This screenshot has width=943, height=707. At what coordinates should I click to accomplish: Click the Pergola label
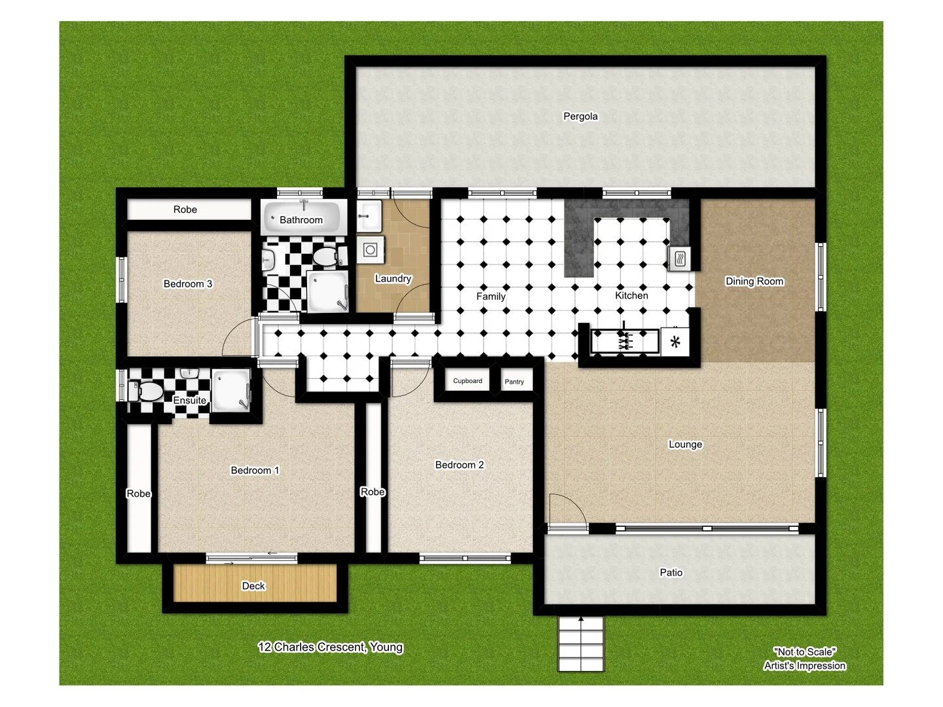point(580,117)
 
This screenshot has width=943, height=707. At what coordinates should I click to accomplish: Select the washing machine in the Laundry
point(371,250)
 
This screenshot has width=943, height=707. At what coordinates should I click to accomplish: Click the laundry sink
point(369,215)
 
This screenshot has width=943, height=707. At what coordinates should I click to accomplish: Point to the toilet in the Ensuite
point(149,392)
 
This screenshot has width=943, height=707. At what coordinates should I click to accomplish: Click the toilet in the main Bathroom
point(325,257)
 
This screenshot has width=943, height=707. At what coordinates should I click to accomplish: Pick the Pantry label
point(514,382)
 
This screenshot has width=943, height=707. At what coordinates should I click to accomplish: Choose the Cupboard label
point(468,381)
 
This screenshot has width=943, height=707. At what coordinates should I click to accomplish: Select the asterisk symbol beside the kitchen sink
point(675,342)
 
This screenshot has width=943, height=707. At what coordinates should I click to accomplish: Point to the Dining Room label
point(754,281)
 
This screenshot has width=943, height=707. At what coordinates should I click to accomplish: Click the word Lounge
point(685,444)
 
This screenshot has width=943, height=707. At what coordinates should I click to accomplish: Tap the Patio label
point(671,573)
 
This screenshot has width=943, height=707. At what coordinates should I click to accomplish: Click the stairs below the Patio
point(581,644)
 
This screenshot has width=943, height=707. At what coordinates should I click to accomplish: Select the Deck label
point(253,586)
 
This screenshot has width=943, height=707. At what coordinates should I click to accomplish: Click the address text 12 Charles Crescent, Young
point(330,647)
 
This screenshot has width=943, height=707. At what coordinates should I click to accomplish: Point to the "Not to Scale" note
point(805,652)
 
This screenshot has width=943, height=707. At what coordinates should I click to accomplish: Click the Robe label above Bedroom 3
point(185,209)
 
